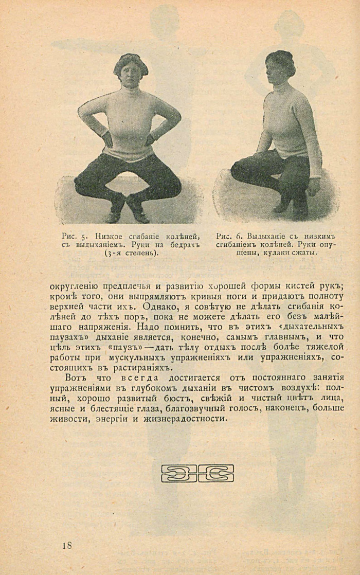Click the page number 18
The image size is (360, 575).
click(66, 546)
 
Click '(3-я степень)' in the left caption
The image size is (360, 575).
click(131, 254)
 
